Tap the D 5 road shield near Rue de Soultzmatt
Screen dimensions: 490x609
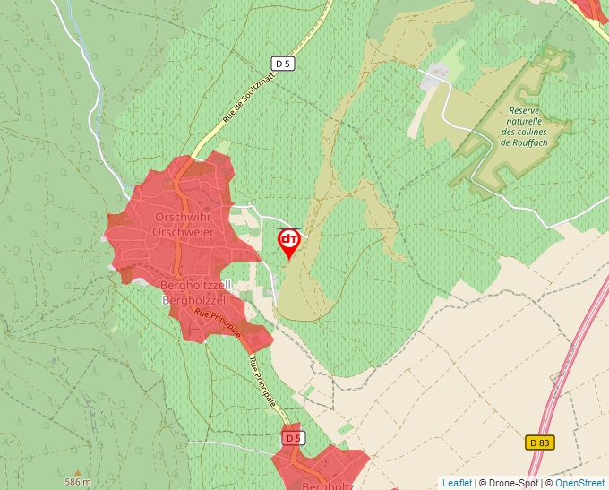[283, 63]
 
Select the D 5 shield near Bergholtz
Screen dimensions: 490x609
[293, 437]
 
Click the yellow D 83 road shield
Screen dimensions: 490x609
[538, 443]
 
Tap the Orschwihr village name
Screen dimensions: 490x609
[181, 218]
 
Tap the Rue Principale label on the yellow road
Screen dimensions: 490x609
[263, 383]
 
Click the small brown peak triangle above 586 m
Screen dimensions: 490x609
[78, 472]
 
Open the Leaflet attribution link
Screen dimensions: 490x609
[457, 483]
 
